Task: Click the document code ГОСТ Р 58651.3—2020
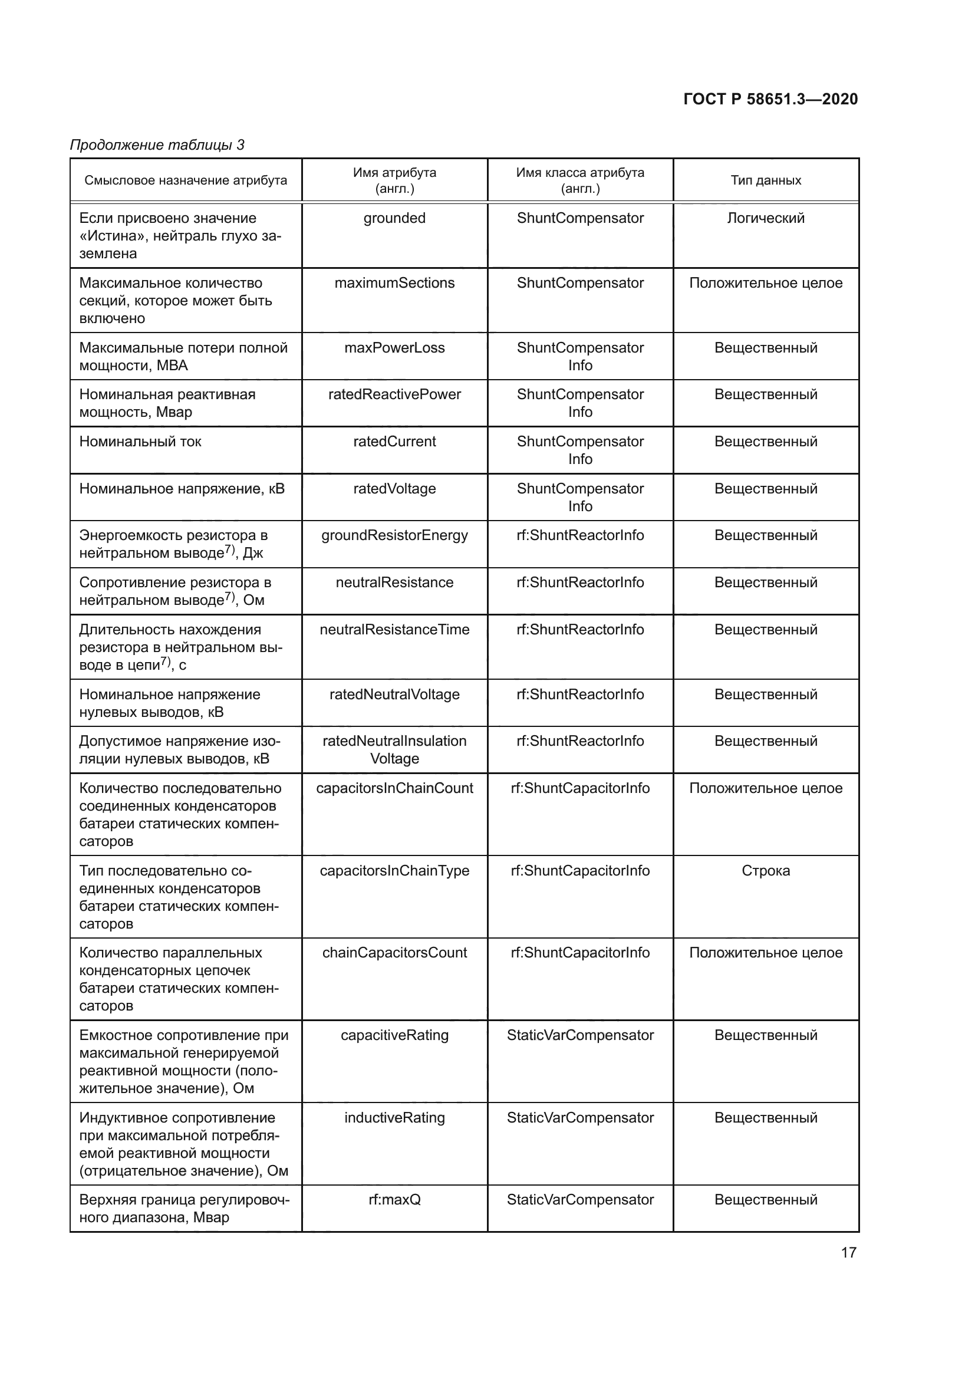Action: [x=770, y=99]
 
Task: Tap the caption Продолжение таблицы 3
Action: [x=157, y=145]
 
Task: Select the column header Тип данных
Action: [x=766, y=180]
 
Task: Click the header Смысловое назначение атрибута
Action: [x=186, y=180]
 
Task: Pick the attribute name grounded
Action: [x=394, y=218]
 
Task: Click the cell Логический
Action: [x=766, y=218]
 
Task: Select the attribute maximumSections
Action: [x=394, y=283]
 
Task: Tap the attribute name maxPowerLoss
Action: [x=394, y=348]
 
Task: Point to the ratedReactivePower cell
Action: [x=394, y=394]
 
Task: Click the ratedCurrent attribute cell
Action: [x=394, y=442]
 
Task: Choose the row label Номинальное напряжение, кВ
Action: [x=182, y=488]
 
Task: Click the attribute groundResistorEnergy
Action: [x=394, y=535]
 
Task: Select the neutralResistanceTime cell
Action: [x=394, y=630]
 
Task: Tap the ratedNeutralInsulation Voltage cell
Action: [x=394, y=749]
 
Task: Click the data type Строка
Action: [x=766, y=870]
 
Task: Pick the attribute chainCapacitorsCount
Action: [x=394, y=953]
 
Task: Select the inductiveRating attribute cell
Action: [x=394, y=1118]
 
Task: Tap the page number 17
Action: [x=848, y=1252]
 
